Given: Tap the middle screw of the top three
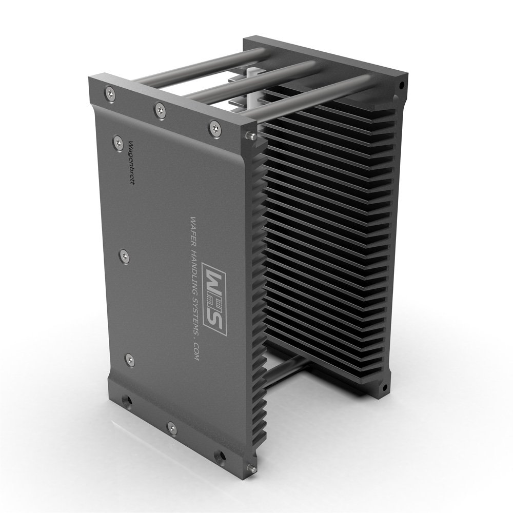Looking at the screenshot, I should [160, 108].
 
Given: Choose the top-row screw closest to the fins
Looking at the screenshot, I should [213, 127].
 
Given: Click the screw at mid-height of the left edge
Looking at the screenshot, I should [123, 254].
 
